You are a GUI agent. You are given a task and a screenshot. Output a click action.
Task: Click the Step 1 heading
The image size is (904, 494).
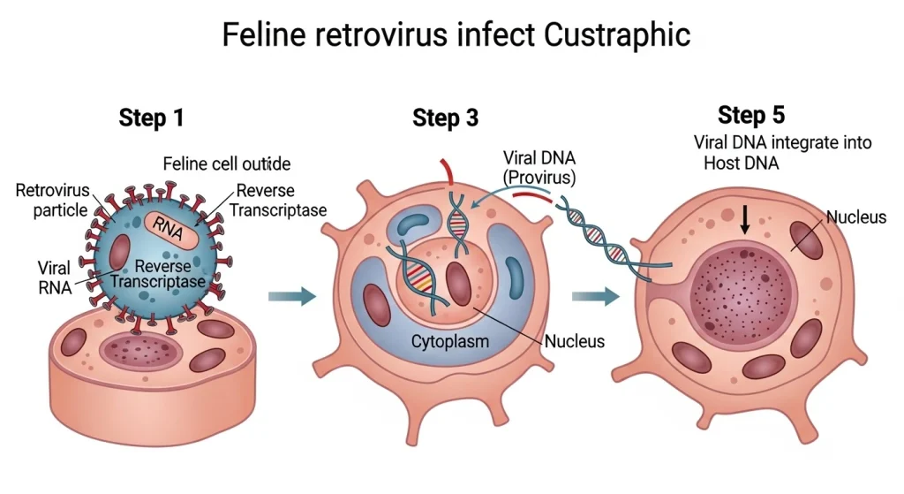coord(151,118)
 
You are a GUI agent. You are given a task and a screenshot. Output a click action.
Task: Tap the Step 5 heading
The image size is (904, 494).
coord(751,115)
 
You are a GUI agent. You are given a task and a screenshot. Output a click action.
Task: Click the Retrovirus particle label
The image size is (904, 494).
coord(52,200)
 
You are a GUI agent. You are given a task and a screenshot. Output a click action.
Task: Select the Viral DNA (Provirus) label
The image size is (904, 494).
coord(539,168)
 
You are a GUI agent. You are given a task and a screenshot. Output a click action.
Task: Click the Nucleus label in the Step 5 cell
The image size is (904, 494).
coord(855,217)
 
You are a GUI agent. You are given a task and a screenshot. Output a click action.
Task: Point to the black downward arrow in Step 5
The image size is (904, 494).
coord(745,219)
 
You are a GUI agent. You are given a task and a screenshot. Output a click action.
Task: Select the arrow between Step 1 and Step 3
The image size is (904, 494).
coord(290,296)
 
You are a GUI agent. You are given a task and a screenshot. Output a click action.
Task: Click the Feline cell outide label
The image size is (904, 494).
coord(226,164)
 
